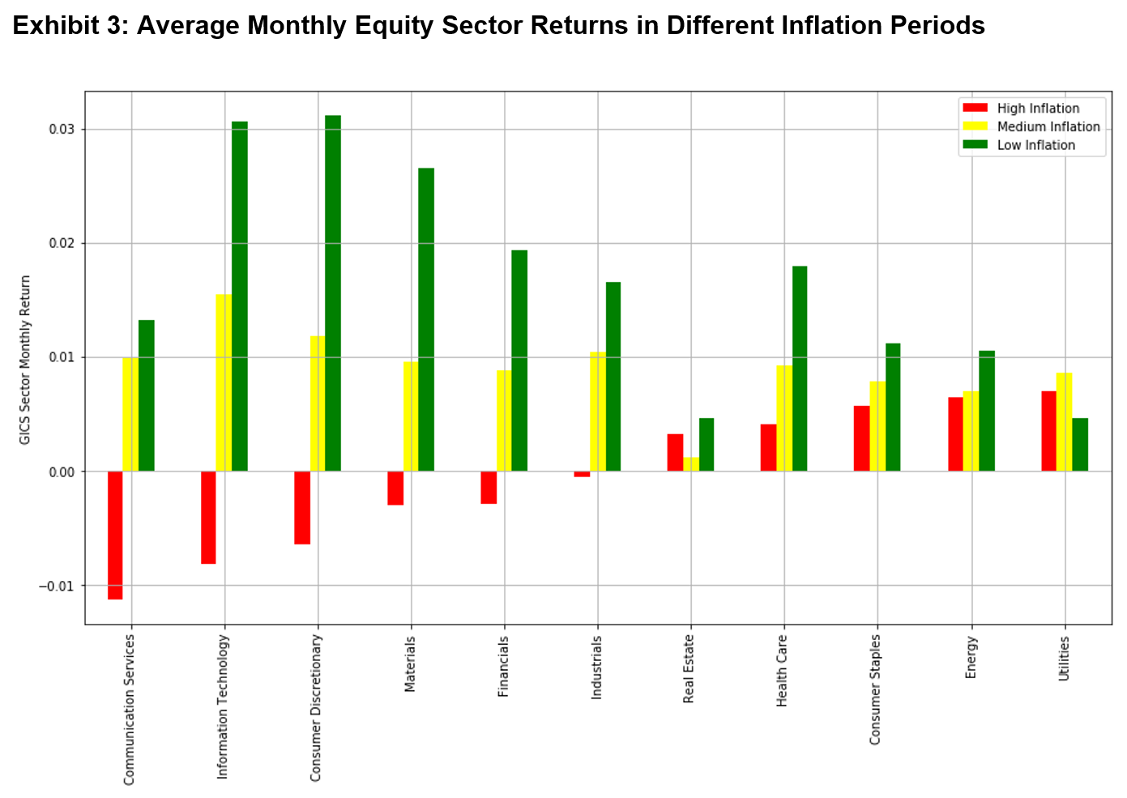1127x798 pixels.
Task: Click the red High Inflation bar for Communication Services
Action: pos(115,535)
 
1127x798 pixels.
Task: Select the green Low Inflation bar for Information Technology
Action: pos(240,297)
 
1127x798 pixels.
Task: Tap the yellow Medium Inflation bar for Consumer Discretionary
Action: pos(318,403)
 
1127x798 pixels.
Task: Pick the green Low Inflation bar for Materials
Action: pos(426,319)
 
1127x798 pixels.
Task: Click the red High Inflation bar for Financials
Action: pos(489,487)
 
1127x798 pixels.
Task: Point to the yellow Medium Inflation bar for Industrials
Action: pos(597,412)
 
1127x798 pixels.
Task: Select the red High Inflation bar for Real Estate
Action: pos(675,452)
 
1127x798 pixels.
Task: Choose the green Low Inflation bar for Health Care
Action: pos(800,369)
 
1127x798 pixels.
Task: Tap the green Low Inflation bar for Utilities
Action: pos(1080,444)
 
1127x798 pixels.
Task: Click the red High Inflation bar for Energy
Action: pos(955,434)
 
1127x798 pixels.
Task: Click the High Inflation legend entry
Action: pos(1037,109)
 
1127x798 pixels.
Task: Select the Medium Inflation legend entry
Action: pos(1048,126)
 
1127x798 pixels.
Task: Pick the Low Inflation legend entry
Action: pos(1035,145)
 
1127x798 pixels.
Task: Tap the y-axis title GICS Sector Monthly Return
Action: pos(25,359)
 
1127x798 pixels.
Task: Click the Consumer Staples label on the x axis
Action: pos(875,689)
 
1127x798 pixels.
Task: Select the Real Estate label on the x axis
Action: pos(689,668)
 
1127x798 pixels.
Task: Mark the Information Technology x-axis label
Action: pos(223,707)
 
